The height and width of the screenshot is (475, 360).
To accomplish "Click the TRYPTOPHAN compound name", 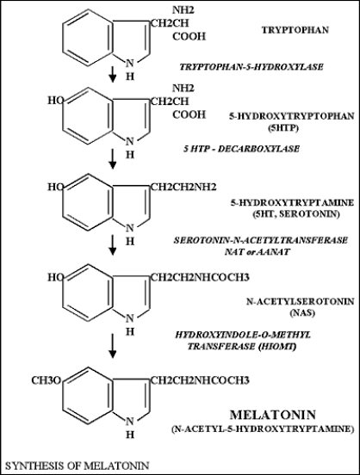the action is [295, 30].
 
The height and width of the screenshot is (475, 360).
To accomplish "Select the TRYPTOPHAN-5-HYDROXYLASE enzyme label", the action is [251, 66].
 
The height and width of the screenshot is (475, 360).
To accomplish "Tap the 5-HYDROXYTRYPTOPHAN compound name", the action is [291, 116].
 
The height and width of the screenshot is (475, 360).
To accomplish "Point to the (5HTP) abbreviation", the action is [283, 128].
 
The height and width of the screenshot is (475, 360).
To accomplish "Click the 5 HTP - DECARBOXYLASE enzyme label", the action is [241, 149].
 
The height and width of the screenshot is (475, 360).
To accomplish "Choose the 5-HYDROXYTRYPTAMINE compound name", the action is [292, 202].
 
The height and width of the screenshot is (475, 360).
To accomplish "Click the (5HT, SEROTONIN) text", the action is [295, 214].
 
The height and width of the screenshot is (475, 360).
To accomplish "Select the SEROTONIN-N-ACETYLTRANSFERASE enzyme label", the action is [260, 240].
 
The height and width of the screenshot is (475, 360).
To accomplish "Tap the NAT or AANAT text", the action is [258, 252].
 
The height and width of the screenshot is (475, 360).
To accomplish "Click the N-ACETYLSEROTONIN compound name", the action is [300, 301].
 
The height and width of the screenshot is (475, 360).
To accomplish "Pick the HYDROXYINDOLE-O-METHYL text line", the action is [243, 335].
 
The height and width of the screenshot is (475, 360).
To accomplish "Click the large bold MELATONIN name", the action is [273, 415].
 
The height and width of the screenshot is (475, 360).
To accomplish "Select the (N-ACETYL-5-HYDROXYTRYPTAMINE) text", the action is [263, 429].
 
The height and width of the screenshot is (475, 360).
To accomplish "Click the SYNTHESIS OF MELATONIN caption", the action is [78, 466].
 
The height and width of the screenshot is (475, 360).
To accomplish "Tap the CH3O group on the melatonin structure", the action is [47, 380].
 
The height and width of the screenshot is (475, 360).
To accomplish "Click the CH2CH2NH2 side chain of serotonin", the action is [183, 188].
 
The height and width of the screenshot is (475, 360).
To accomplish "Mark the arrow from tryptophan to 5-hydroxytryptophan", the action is [113, 74].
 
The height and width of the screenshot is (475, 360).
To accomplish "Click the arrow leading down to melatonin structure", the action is [113, 346].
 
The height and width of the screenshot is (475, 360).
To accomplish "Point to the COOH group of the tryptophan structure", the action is [189, 37].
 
